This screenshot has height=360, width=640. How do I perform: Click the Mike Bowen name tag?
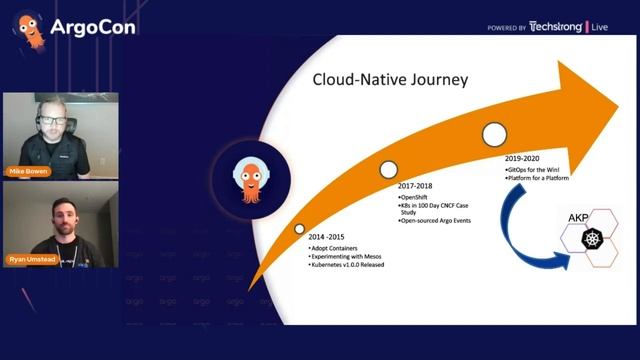[x=28, y=170]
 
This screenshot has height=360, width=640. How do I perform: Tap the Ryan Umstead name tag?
[x=33, y=259]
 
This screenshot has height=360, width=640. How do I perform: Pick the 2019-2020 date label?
[x=523, y=159]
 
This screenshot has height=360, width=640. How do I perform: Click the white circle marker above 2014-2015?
[x=299, y=229]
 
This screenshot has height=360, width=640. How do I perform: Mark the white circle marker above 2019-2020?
[x=494, y=133]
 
